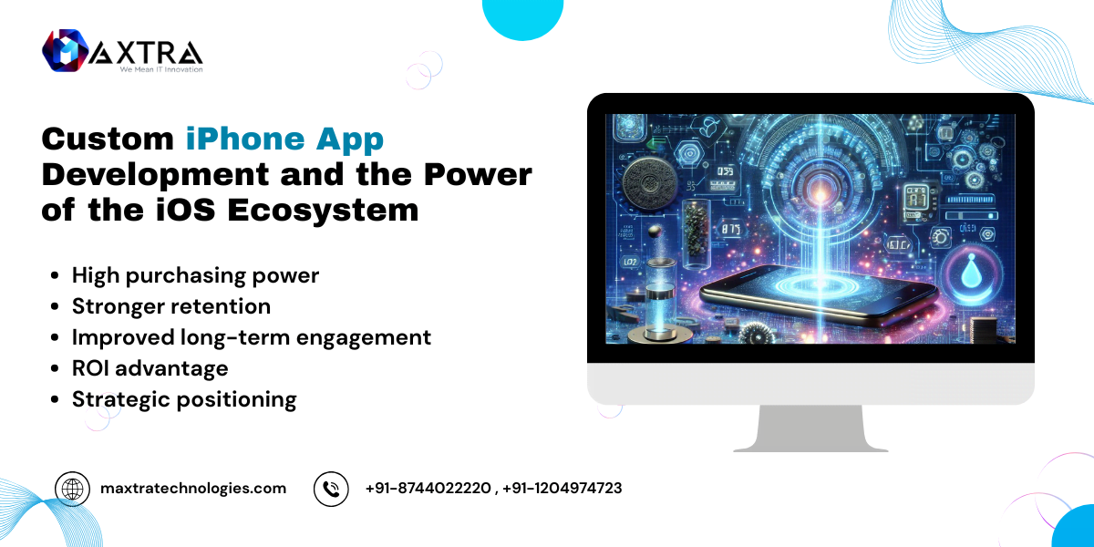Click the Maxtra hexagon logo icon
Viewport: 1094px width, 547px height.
click(x=66, y=50)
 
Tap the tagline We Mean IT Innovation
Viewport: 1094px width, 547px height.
click(x=161, y=69)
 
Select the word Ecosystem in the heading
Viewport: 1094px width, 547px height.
click(x=323, y=211)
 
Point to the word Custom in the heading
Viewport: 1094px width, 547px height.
click(x=108, y=139)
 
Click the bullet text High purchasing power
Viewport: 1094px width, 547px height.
click(x=195, y=276)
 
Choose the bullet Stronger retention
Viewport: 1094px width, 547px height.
click(x=171, y=306)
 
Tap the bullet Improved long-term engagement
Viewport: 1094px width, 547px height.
click(x=252, y=338)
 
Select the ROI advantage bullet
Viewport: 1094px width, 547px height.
click(x=150, y=368)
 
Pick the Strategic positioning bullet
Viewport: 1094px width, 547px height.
click(x=184, y=400)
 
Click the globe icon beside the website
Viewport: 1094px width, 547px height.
click(x=72, y=489)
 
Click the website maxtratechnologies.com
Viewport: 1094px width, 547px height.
click(x=193, y=489)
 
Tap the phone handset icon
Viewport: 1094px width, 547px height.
click(x=331, y=489)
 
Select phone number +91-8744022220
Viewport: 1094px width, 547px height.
click(x=428, y=489)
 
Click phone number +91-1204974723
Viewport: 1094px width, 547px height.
click(x=562, y=489)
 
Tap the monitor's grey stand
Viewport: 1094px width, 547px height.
click(x=810, y=428)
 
